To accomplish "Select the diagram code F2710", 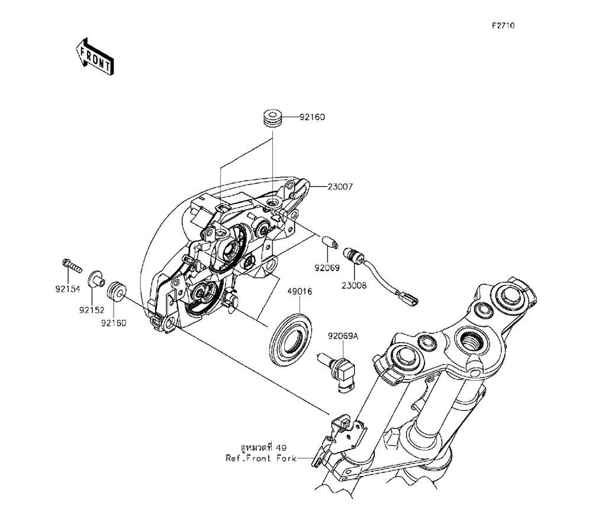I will point(503,26).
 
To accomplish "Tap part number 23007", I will point(340,186).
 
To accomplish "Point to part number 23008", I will point(354,285).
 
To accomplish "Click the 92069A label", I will point(343,336).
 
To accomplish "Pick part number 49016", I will point(300,292).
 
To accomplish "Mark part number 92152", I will point(91,309).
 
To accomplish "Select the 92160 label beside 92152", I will point(113,323).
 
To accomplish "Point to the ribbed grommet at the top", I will point(272,117).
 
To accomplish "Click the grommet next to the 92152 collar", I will point(117,290).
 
